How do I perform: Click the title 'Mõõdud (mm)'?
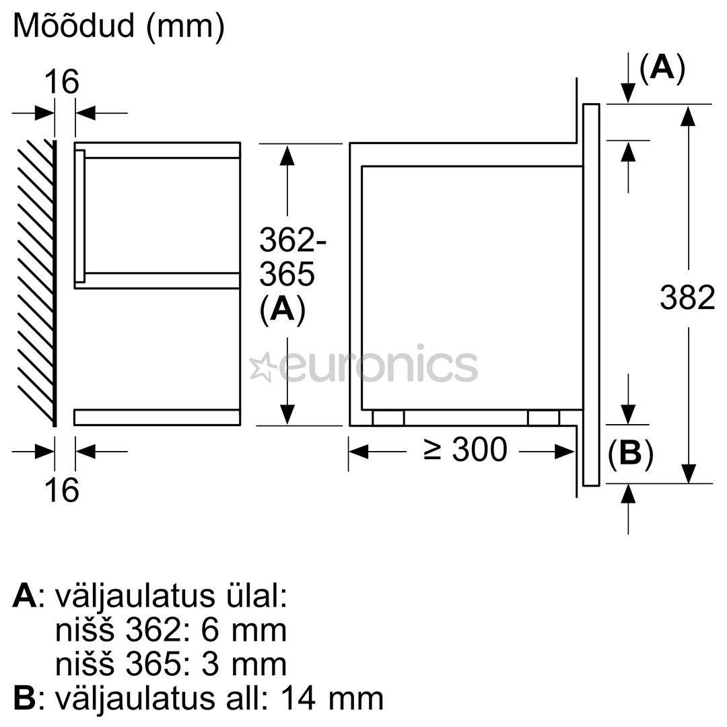[118, 26]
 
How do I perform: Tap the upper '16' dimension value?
[62, 82]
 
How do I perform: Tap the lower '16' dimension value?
[62, 489]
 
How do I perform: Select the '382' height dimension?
[687, 298]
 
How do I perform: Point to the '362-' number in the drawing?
[293, 240]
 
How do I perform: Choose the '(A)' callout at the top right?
[662, 68]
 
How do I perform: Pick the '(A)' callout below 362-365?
[282, 309]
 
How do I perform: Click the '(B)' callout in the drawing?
[631, 453]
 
